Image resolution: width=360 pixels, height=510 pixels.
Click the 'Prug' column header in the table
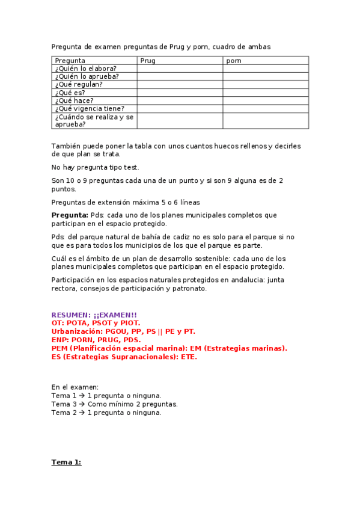click(x=148, y=61)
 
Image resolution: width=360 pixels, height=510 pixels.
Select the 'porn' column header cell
click(x=234, y=61)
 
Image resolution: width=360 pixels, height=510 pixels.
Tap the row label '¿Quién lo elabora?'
click(x=86, y=69)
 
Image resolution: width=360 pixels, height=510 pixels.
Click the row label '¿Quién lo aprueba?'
click(x=87, y=76)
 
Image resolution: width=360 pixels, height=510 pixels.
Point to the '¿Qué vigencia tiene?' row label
click(x=90, y=108)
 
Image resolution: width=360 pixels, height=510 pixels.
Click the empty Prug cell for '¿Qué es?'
click(x=180, y=93)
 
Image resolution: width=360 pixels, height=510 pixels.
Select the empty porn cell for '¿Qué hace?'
click(x=266, y=100)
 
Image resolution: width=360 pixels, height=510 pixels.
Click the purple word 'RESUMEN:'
click(x=71, y=315)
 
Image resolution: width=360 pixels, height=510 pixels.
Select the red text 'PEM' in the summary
click(x=59, y=348)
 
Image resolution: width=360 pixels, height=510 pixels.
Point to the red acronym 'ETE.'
click(x=187, y=357)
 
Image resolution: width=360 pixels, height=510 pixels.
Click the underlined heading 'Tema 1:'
click(x=66, y=462)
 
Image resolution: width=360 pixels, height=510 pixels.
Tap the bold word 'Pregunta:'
click(x=70, y=215)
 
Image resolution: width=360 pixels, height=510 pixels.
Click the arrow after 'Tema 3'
click(x=82, y=404)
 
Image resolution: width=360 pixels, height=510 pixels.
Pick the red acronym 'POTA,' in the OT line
click(x=82, y=323)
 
